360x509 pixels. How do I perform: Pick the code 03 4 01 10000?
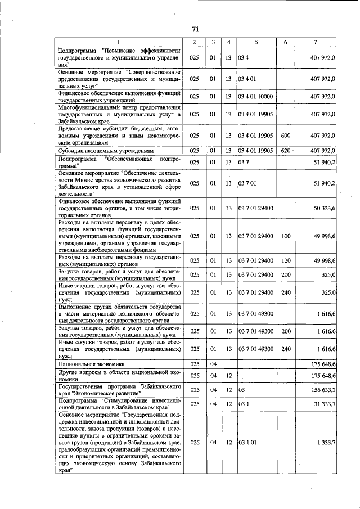[256, 97]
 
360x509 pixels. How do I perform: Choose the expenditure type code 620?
[286, 151]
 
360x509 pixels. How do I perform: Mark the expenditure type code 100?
[286, 236]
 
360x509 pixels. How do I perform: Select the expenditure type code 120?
[286, 260]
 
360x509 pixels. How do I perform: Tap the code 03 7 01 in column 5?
[248, 183]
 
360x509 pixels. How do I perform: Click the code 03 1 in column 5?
[244, 403]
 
